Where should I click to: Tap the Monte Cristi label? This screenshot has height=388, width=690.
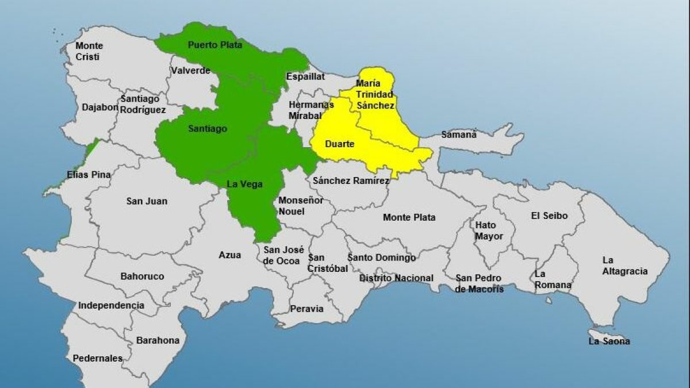89,51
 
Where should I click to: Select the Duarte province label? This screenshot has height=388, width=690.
339,144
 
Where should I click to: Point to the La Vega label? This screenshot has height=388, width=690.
244,184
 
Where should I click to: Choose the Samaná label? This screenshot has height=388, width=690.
459,135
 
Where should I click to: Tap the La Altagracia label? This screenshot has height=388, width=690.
625,266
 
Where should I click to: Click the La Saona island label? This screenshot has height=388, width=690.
609,341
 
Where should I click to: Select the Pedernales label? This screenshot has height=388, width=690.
97,358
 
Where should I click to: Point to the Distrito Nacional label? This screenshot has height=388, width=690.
396,278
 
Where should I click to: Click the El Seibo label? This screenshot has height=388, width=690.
549,216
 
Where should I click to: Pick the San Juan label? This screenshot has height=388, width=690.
147,201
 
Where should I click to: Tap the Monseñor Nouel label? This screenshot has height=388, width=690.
301,206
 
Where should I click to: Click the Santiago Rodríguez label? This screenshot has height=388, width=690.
143,104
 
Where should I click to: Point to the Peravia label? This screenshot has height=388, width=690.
306,309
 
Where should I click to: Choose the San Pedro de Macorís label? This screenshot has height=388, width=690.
479,283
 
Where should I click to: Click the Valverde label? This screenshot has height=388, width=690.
190,71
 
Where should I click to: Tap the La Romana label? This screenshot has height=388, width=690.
553,279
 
